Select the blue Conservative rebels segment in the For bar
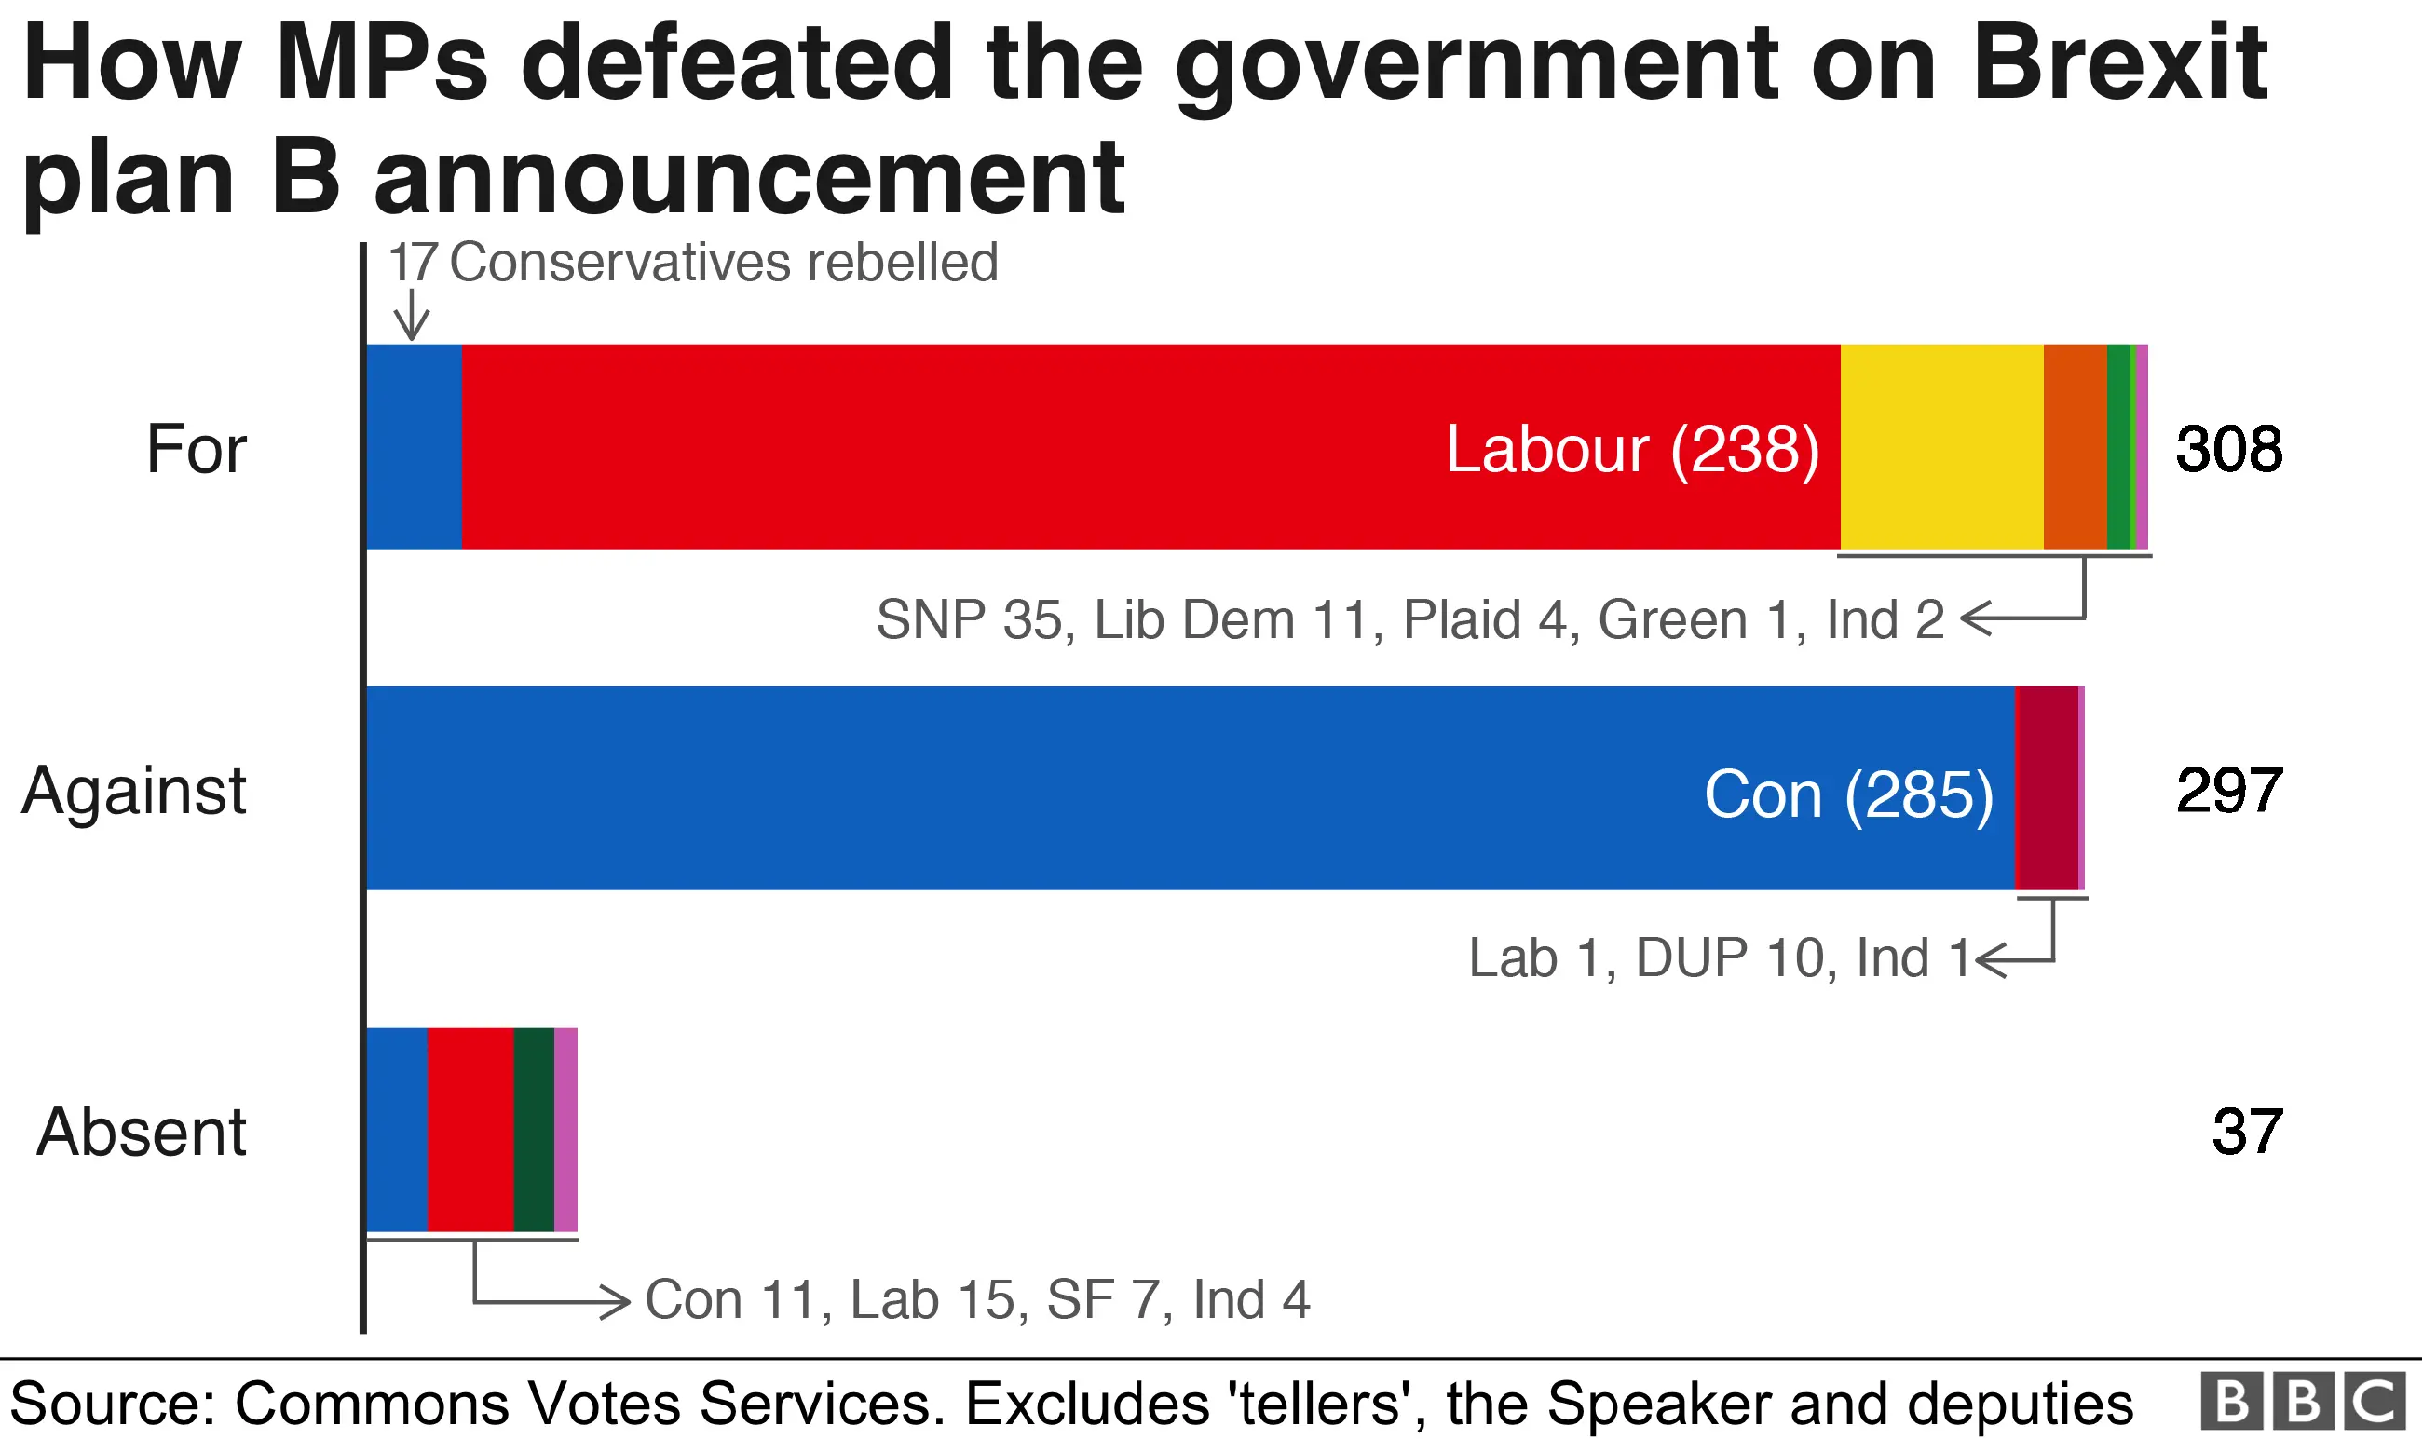point(414,447)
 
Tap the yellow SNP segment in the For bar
point(1941,447)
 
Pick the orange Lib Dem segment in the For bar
point(2075,447)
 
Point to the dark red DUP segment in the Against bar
point(2046,788)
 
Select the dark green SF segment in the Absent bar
point(533,1130)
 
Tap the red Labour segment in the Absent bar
point(470,1130)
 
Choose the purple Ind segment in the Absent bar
point(565,1130)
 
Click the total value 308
point(2228,449)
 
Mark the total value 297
point(2228,791)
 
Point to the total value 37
point(2247,1132)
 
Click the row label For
point(196,449)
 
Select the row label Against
point(134,791)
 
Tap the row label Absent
point(142,1132)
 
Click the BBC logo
point(2303,1401)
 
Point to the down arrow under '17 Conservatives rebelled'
point(412,315)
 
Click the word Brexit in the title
point(2119,63)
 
